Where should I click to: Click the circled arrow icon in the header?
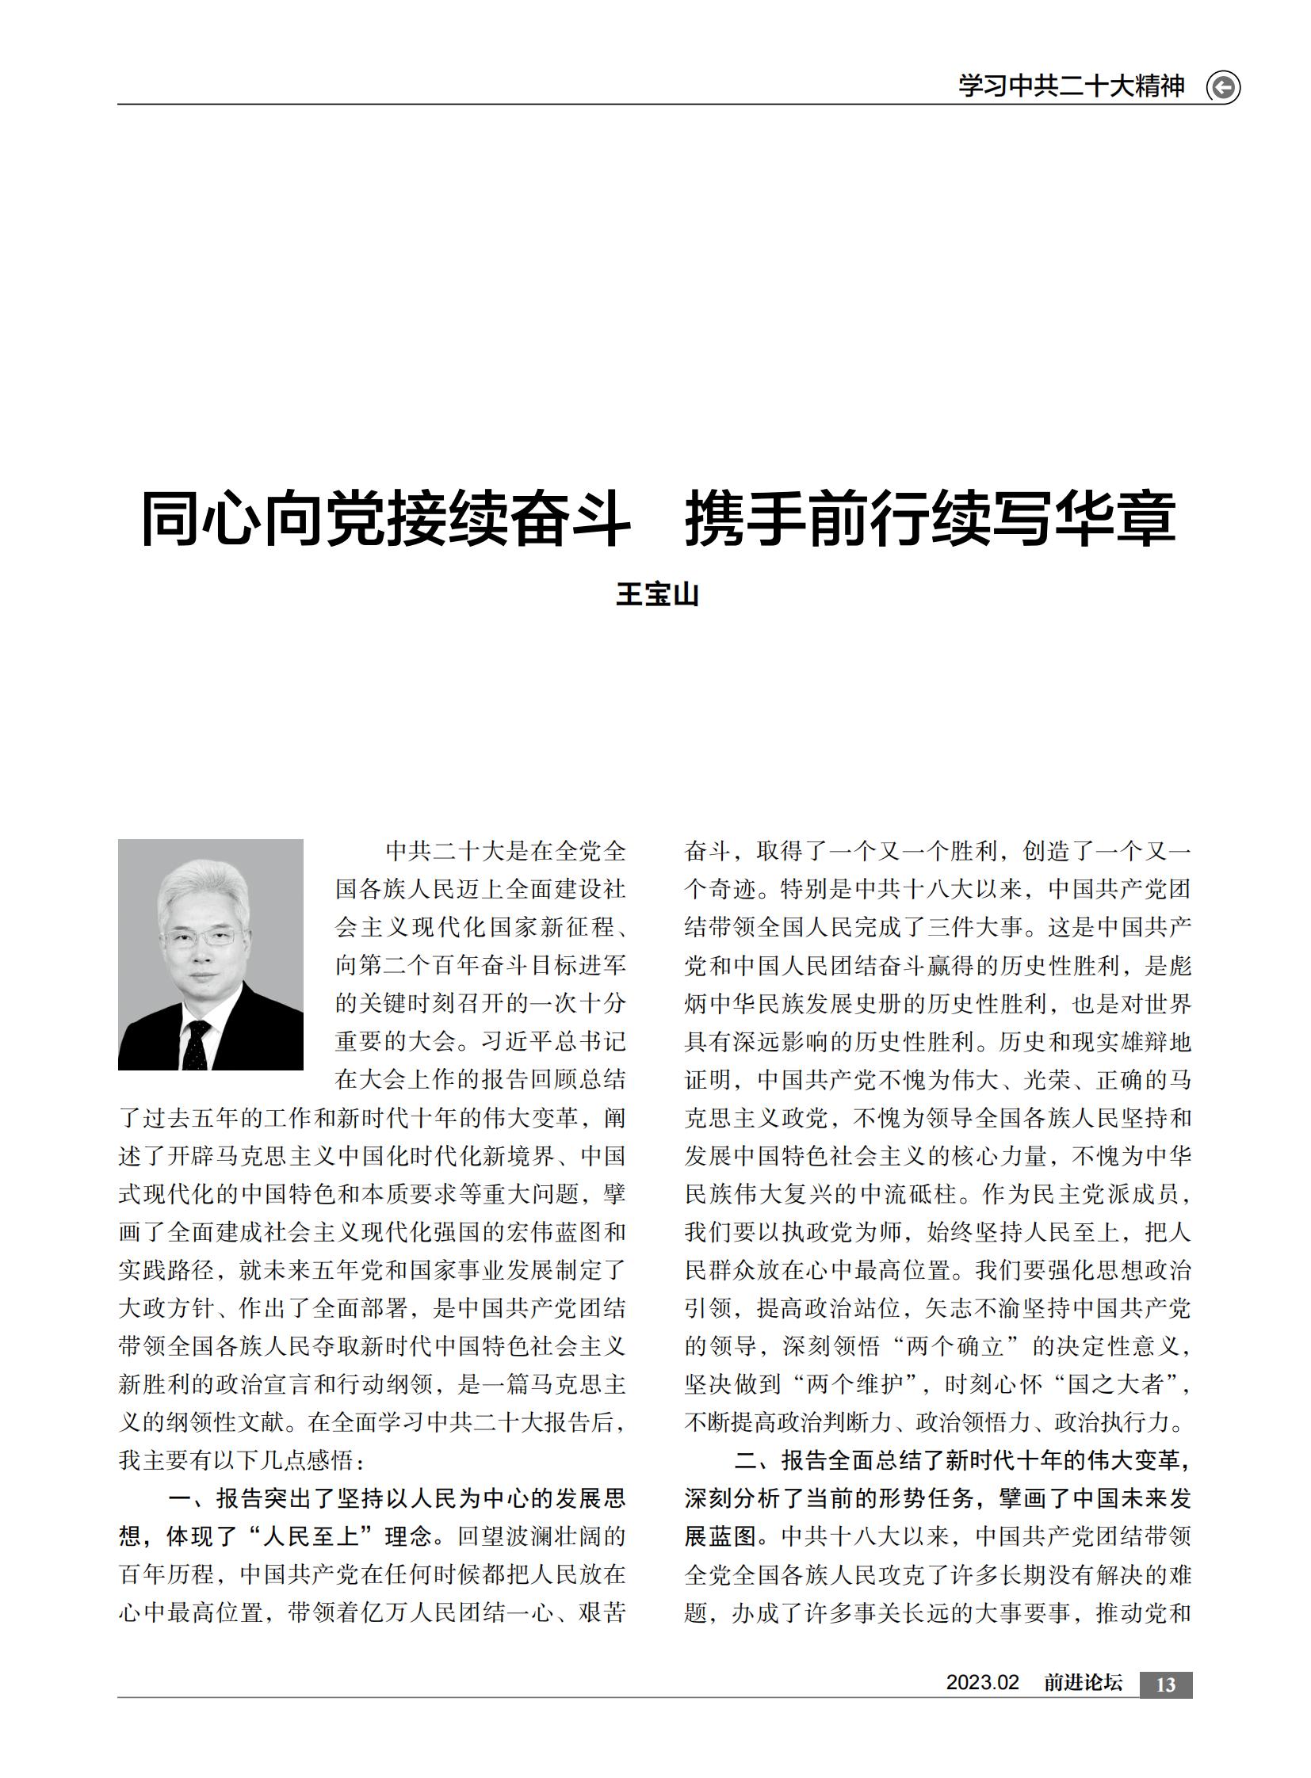coord(1223,86)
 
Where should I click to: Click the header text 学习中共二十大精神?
coord(1072,86)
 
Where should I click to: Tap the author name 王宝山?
coord(657,594)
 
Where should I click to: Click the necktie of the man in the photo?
coord(195,1044)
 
